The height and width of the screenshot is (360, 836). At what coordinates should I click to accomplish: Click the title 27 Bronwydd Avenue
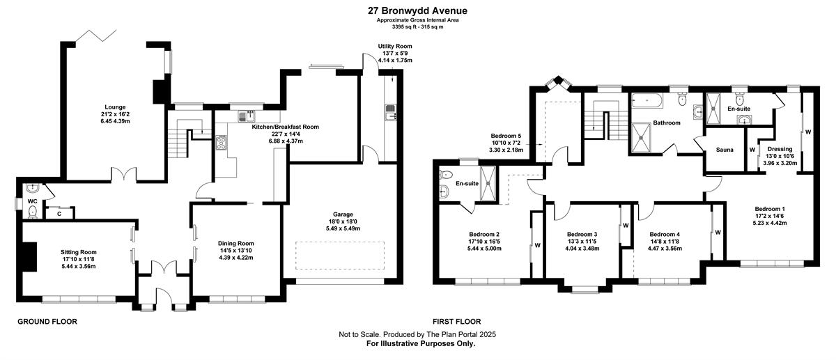point(417,11)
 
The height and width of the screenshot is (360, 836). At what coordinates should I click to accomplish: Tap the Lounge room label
point(115,107)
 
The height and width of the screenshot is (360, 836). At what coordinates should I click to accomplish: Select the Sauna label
point(725,150)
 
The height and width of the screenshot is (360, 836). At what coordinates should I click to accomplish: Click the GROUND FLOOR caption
point(47,322)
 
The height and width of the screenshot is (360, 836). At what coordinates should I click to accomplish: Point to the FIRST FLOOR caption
point(457,322)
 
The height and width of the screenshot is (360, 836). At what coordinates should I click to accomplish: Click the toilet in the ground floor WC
point(33,212)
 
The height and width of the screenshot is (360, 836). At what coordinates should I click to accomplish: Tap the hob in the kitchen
point(222,143)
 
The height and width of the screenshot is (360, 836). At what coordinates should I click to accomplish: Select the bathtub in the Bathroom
point(647,101)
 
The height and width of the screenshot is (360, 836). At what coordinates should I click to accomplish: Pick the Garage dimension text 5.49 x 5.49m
point(343,228)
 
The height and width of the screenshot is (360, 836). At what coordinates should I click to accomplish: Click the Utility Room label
point(395,46)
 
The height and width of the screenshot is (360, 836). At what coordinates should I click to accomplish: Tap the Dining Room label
point(236,243)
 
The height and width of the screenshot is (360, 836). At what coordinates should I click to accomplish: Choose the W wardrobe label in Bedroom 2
point(537,246)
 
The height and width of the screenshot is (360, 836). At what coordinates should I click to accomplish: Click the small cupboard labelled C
point(60,213)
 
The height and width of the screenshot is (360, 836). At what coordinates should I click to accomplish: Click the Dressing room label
point(780,149)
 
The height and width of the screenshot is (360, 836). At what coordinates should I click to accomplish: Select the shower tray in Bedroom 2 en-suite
point(488,184)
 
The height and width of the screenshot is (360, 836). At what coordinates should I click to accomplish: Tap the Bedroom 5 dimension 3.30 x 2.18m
point(506,150)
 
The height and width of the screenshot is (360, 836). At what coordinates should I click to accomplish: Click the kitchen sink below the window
point(247,116)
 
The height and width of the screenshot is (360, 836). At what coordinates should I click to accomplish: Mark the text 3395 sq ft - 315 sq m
point(417,27)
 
